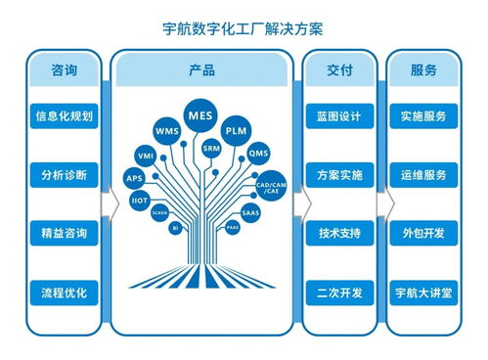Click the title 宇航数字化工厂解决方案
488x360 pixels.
coord(244,29)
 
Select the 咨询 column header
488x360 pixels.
coord(64,71)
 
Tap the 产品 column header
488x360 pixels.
coord(201,71)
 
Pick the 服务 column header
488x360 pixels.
coord(423,71)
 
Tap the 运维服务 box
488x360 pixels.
coord(423,176)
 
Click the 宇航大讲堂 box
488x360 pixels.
coord(423,292)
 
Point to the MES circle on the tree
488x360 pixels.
coord(200,115)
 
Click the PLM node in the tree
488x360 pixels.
coord(237,130)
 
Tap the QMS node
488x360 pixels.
coord(258,154)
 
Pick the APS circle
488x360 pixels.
coord(134,178)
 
